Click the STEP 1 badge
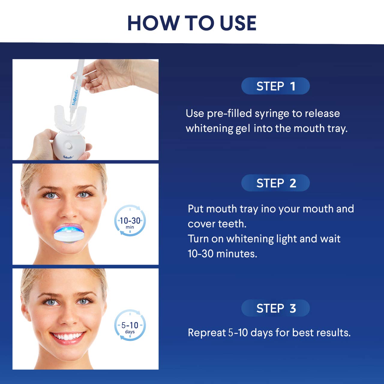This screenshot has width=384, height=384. pos(275,86)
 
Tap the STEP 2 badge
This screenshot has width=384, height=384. pos(275,183)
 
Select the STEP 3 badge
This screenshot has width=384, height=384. pos(275,308)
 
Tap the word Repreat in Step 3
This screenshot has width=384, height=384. pos(206,333)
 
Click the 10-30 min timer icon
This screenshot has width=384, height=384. pos(130,221)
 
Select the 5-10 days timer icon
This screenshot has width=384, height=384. pos(130,325)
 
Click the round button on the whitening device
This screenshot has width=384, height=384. pos(69,146)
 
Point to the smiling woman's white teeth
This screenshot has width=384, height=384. pos(68,336)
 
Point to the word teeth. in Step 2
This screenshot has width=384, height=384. pos(232,224)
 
